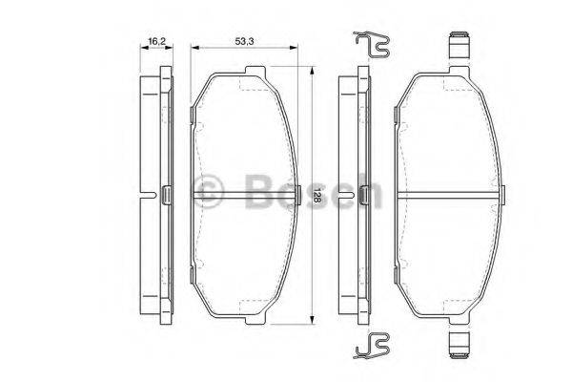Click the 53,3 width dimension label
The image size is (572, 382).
[245, 41]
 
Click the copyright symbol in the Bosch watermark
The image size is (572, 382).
[207, 190]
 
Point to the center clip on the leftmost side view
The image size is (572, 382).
[165, 195]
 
